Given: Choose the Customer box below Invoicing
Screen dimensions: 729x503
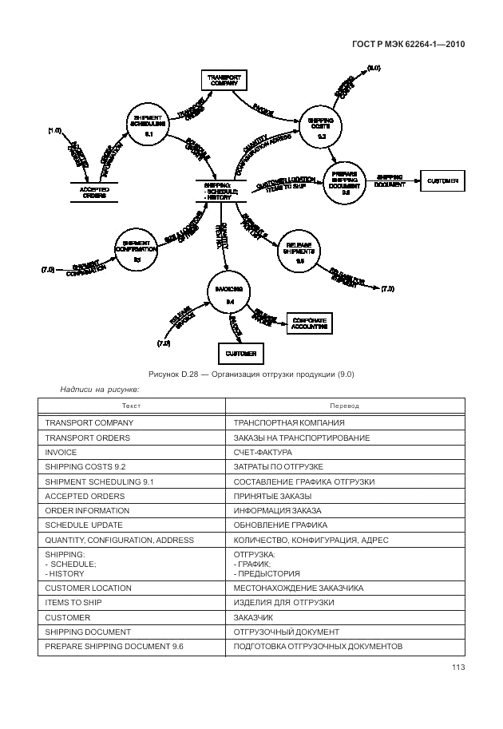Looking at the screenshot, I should click(x=240, y=353).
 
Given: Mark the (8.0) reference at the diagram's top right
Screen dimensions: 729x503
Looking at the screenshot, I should click(x=373, y=68).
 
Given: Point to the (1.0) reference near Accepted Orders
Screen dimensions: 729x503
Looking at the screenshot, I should click(x=54, y=130).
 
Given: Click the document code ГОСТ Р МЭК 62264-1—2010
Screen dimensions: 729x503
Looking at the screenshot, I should click(x=408, y=45).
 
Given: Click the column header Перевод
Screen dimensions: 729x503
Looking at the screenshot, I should click(x=345, y=406).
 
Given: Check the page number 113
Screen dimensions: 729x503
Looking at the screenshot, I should click(x=457, y=668).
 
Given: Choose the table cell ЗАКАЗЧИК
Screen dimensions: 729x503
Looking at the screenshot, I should click(x=254, y=616).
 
